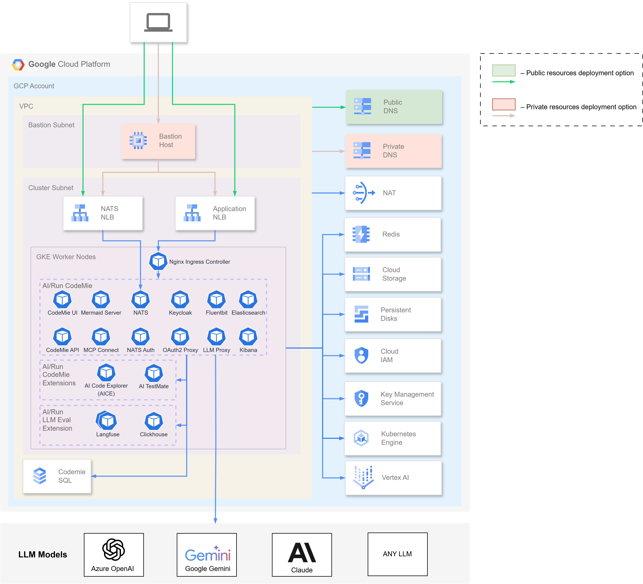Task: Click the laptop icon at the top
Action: click(158, 22)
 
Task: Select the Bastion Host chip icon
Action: click(138, 140)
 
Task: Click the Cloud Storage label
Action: click(394, 274)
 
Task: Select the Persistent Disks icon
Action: click(361, 314)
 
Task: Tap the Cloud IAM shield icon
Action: click(361, 355)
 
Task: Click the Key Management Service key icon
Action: click(361, 398)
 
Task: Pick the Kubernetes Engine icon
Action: click(361, 438)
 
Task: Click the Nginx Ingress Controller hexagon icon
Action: click(158, 261)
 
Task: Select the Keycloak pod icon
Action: click(180, 299)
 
